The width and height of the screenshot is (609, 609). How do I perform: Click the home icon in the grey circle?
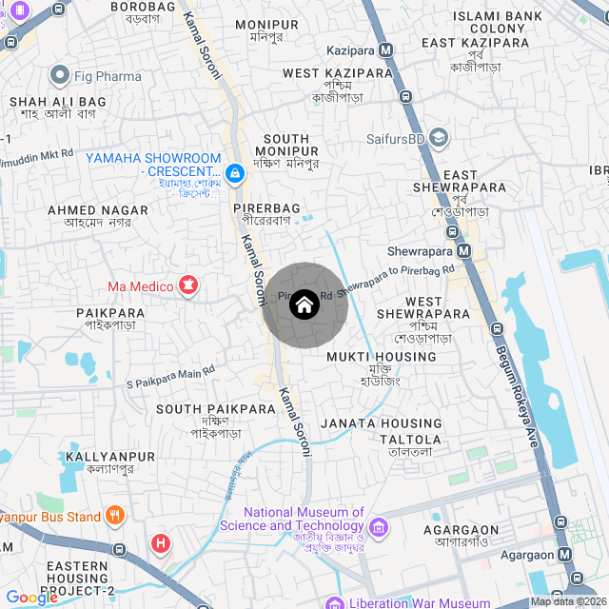pyautogui.click(x=304, y=305)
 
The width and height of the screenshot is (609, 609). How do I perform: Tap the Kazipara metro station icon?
pyautogui.click(x=385, y=49)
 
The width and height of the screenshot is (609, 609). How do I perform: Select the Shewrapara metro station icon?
pyautogui.click(x=463, y=251)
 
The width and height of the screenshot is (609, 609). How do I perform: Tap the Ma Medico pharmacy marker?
pyautogui.click(x=188, y=285)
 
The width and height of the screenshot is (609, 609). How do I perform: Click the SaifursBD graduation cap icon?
pyautogui.click(x=438, y=138)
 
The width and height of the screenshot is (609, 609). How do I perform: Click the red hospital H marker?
pyautogui.click(x=162, y=544)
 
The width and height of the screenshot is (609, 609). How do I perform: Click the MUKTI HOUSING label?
pyautogui.click(x=382, y=357)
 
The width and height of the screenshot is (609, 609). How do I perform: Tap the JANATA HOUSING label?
pyautogui.click(x=382, y=423)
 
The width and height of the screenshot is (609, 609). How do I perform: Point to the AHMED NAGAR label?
pyautogui.click(x=99, y=210)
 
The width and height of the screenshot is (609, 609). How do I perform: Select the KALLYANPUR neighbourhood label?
pyautogui.click(x=110, y=457)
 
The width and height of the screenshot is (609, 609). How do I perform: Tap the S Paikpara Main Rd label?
pyautogui.click(x=171, y=377)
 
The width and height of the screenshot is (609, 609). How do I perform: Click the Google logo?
pyautogui.click(x=31, y=598)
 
